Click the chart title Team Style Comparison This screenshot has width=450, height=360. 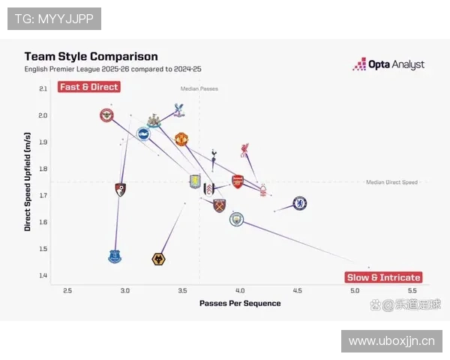tap(91, 56)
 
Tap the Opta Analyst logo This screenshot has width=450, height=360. tap(388, 64)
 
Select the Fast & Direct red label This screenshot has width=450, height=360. tap(89, 87)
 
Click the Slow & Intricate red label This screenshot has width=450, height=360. tap(383, 277)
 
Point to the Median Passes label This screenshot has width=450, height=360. tap(199, 89)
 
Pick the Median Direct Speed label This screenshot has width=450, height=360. tap(391, 182)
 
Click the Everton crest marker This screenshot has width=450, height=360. tap(114, 256)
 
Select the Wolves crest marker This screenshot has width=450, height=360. tap(158, 259)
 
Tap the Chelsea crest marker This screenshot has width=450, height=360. tap(299, 203)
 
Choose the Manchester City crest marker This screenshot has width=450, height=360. tap(236, 219)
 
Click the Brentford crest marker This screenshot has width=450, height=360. tap(107, 115)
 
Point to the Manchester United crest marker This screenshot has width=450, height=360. tap(181, 139)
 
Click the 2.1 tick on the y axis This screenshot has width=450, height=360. tap(42, 88)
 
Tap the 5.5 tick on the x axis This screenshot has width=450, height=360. tap(412, 290)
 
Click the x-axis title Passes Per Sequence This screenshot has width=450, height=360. tap(239, 304)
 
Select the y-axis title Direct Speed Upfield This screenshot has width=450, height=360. tap(28, 181)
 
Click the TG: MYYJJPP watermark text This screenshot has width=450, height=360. tap(54, 19)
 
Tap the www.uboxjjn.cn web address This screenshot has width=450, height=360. tap(391, 341)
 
